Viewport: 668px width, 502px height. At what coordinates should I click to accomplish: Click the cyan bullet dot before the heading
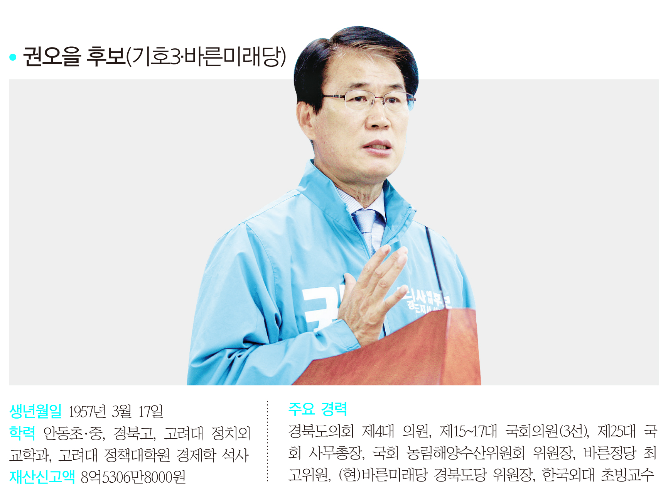[x=13, y=57]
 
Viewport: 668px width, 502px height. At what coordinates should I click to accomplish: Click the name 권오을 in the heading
[x=52, y=56]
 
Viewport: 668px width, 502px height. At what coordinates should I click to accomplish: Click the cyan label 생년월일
[x=35, y=411]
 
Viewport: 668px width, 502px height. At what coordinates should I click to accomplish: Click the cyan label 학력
[x=22, y=433]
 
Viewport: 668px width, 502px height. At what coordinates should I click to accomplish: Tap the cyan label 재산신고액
[x=42, y=477]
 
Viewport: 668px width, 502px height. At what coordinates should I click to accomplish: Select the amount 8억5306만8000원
[x=133, y=477]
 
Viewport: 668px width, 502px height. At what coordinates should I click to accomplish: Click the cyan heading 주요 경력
[x=318, y=409]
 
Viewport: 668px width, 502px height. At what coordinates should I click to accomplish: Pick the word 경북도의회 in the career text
[x=321, y=431]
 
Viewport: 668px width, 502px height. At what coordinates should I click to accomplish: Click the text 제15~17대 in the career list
[x=469, y=431]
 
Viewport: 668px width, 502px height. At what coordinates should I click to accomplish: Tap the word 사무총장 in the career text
[x=337, y=453]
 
